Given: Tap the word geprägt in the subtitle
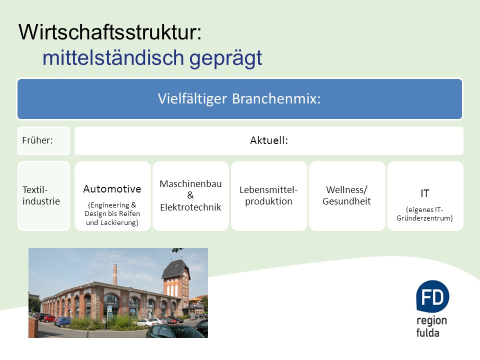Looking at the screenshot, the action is (x=225, y=58).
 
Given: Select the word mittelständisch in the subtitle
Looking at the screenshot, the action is (x=113, y=57).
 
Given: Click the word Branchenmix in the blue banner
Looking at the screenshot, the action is (x=276, y=98).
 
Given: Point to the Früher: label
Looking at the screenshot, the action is (x=37, y=140).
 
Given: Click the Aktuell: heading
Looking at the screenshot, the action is (x=269, y=140).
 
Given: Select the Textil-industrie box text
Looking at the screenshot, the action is (x=41, y=195).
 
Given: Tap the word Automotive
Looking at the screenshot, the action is (x=112, y=189).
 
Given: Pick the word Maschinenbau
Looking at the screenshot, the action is (x=190, y=183).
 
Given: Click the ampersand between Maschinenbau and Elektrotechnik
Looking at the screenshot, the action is (x=190, y=195).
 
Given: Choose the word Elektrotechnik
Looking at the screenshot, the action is (x=190, y=207).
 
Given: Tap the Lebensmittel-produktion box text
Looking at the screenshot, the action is (x=268, y=195).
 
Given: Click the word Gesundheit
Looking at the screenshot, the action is (x=346, y=201).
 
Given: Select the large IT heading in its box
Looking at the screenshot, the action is (x=424, y=193).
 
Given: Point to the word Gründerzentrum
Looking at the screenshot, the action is (x=424, y=218).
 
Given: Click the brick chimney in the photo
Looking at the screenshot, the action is (x=115, y=274).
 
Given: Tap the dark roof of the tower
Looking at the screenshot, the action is (x=176, y=269).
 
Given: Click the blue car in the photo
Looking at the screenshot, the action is (x=63, y=321).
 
